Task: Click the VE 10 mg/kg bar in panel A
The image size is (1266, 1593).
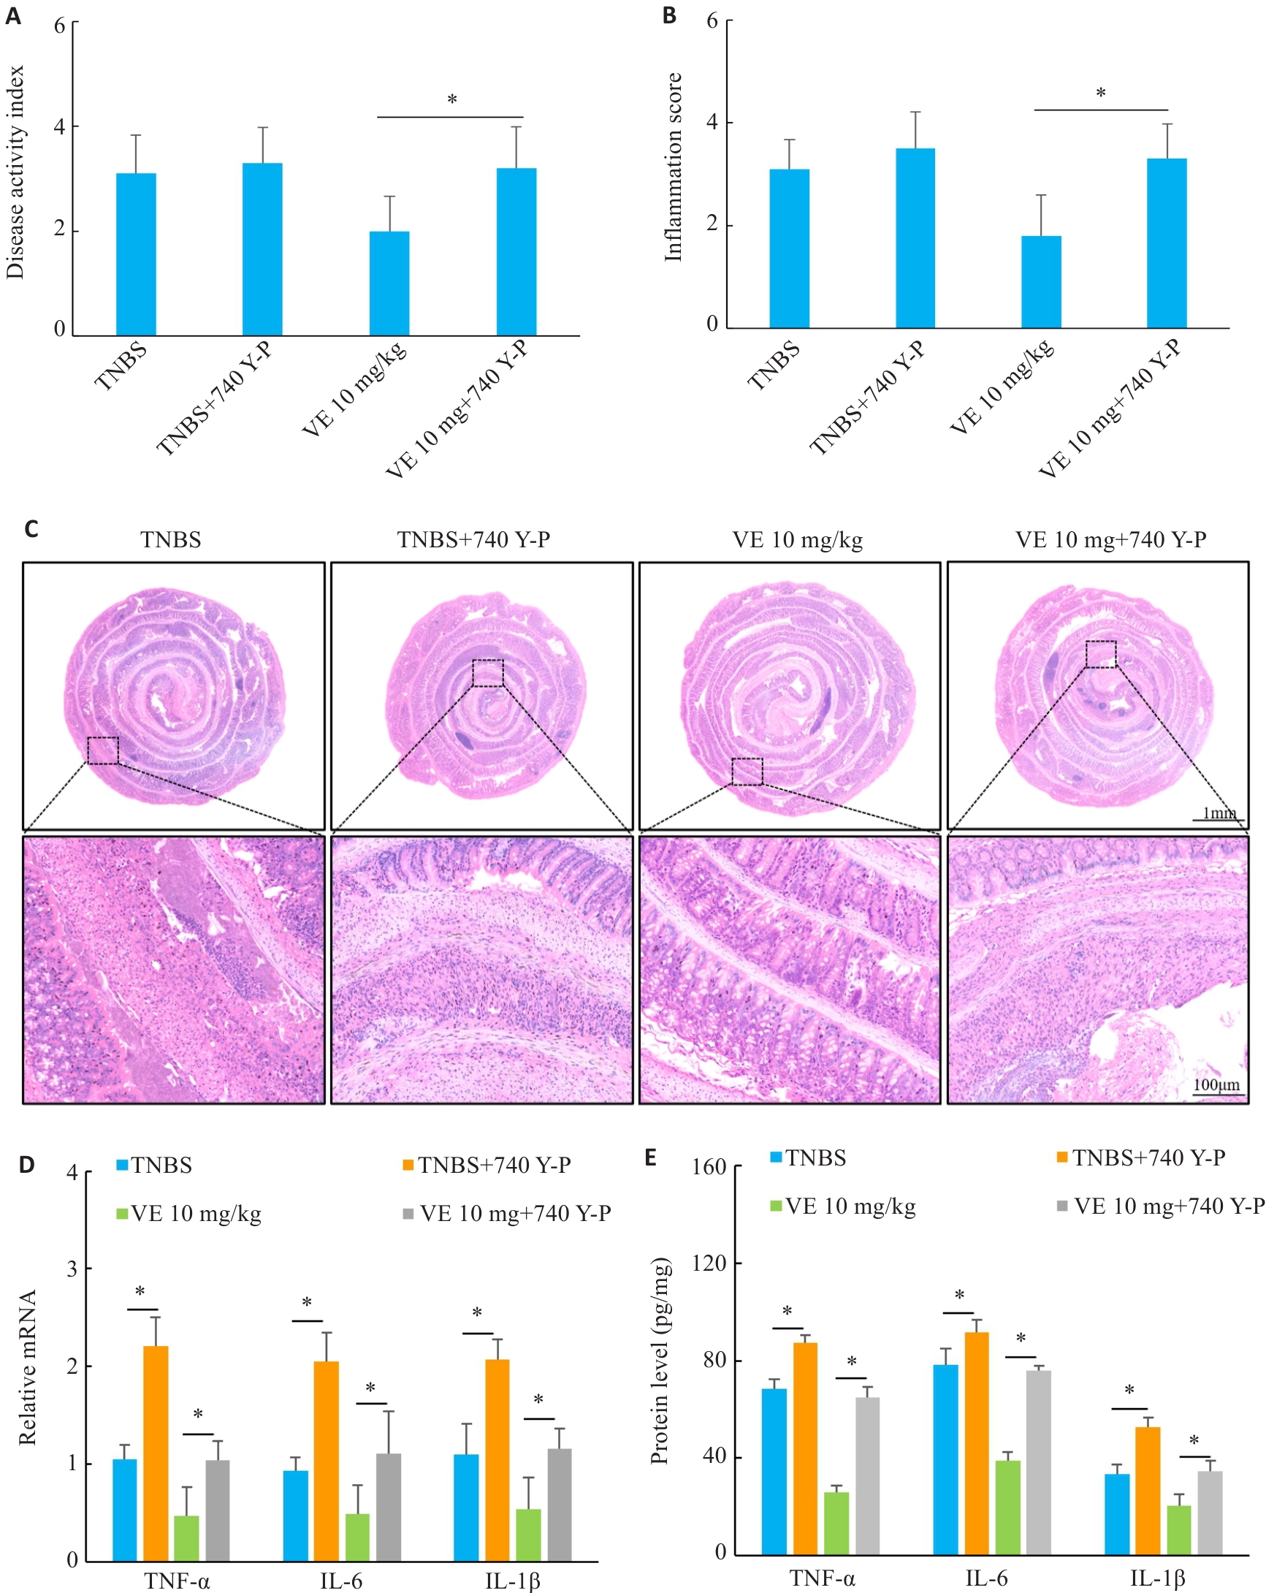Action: pos(389,284)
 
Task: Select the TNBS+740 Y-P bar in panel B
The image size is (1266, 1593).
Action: pos(915,238)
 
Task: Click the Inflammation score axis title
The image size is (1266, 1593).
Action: pos(673,167)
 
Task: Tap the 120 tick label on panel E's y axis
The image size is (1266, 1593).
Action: pos(709,1263)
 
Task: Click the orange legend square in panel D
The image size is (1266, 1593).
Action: pos(408,1166)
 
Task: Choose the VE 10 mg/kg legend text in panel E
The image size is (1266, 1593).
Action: pos(850,1206)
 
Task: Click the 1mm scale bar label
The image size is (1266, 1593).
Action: pos(1219,813)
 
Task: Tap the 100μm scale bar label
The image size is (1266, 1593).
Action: pos(1216,1084)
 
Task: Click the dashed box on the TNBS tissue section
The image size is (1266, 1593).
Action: pos(103,750)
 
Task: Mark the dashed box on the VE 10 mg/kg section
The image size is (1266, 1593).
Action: pos(747,771)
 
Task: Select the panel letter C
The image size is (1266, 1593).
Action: pos(31,529)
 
